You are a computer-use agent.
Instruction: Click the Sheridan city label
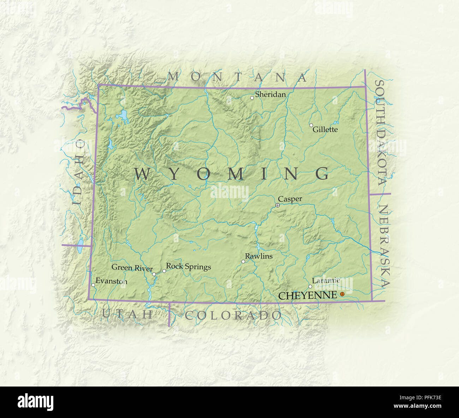click(270, 94)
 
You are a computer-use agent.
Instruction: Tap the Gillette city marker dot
click(311, 125)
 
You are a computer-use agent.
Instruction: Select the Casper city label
click(290, 199)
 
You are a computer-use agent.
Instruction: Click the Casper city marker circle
click(278, 205)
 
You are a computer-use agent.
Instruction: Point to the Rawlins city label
click(259, 256)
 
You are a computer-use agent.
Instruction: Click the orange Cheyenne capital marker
click(342, 294)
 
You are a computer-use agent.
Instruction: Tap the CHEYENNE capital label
click(308, 295)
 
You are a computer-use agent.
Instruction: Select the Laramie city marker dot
click(310, 286)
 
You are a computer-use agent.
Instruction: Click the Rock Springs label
click(189, 266)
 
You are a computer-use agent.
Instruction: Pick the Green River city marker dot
click(154, 274)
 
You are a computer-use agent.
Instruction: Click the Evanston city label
click(111, 281)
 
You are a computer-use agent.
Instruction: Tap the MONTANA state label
click(237, 77)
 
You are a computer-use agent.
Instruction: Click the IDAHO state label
click(78, 172)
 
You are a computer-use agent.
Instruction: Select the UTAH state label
click(127, 314)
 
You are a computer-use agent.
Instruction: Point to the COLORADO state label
click(233, 315)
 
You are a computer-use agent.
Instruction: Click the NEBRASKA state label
click(384, 246)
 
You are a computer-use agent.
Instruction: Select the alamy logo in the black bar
click(35, 402)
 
